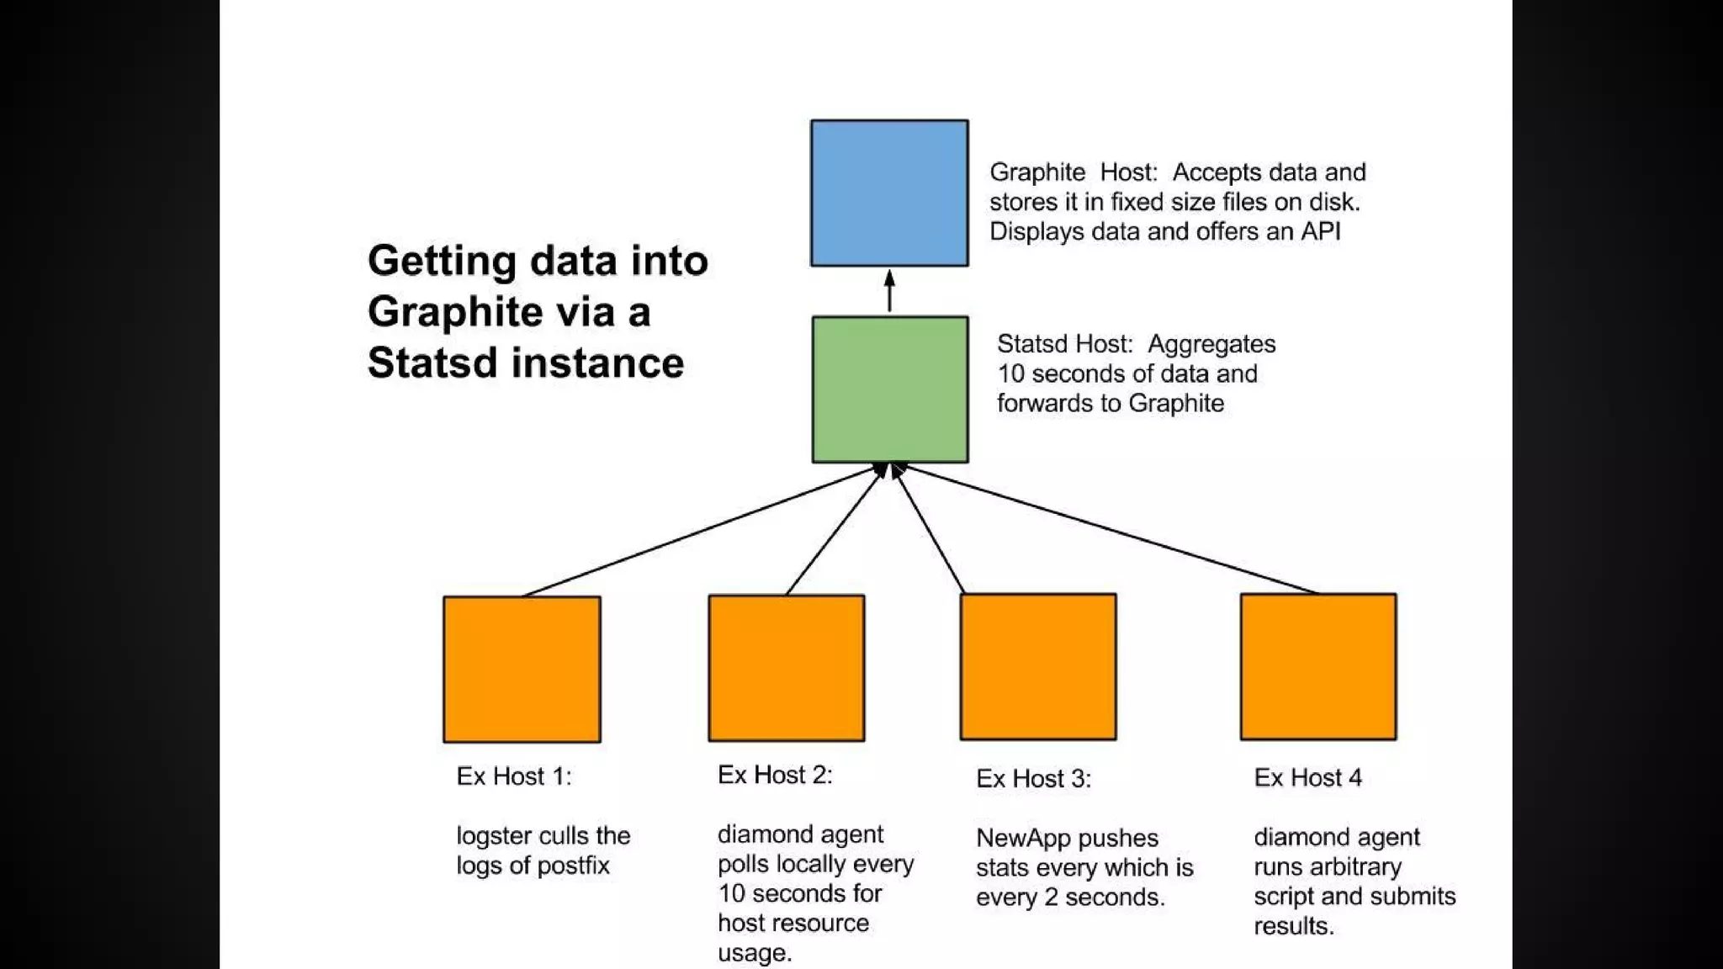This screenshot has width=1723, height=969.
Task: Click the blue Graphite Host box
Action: coord(889,193)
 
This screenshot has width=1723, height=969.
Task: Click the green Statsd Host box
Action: coord(890,389)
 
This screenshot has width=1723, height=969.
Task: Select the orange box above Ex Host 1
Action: coord(522,670)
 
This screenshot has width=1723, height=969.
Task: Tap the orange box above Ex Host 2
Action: coord(787,668)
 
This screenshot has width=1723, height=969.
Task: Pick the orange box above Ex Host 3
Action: coord(1038,667)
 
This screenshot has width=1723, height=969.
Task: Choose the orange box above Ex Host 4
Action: coord(1318,667)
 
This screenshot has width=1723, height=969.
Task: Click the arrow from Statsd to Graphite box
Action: coord(889,291)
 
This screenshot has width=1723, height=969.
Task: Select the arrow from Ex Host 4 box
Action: coord(1111,530)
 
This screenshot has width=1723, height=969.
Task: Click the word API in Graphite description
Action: coord(1320,231)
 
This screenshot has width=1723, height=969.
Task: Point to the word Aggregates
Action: coord(1211,344)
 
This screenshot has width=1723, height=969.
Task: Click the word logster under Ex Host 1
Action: coord(494,836)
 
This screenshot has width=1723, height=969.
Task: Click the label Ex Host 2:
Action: coord(775,775)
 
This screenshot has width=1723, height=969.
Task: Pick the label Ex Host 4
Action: coord(1307,777)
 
